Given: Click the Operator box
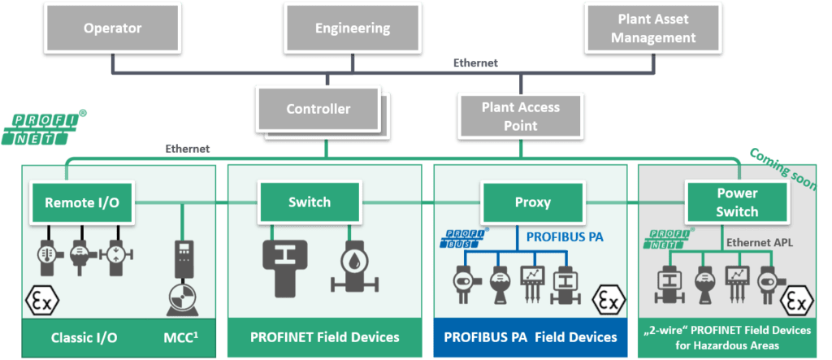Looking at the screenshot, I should [112, 29].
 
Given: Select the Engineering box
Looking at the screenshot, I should [352, 29].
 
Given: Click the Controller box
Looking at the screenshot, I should [318, 109].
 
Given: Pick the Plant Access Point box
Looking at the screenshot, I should [520, 115].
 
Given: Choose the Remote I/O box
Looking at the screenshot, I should [82, 203].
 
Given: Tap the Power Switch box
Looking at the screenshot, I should [737, 202].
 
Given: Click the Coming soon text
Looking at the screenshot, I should [781, 166].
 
